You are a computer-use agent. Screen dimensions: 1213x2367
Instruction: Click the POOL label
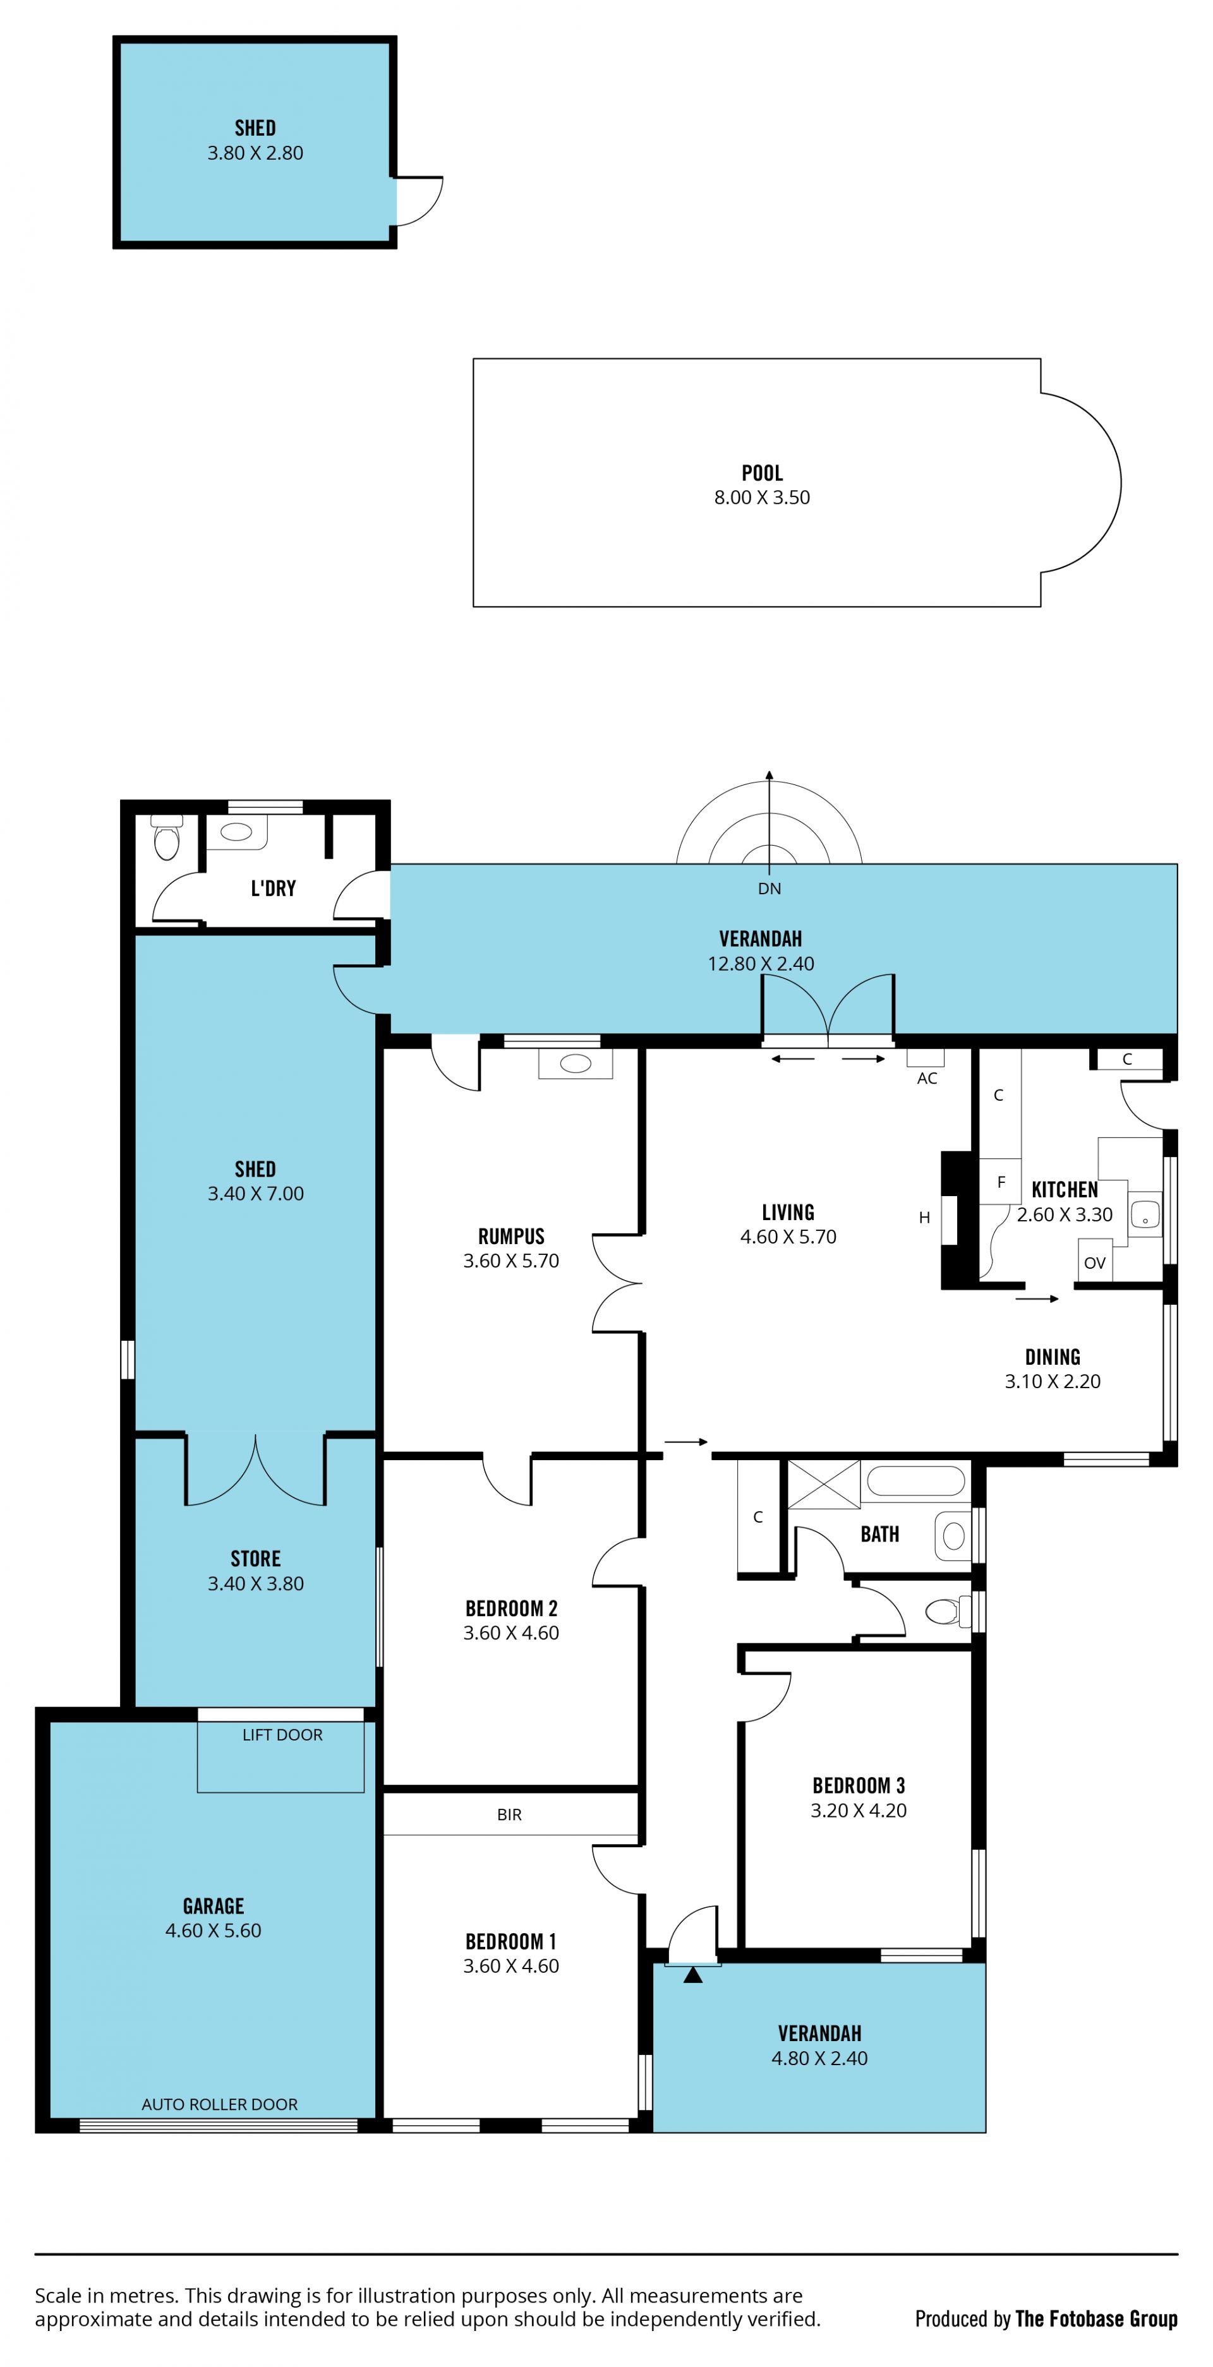point(762,473)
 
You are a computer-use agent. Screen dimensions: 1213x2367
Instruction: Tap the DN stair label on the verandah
point(769,889)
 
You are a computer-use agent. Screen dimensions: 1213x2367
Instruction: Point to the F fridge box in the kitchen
point(1001,1182)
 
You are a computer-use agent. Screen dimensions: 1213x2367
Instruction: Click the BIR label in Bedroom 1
point(509,1815)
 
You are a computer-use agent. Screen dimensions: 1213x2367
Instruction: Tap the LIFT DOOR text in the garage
point(282,1735)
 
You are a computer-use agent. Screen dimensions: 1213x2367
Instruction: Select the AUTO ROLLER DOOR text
point(220,2104)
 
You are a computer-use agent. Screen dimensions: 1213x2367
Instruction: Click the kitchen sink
point(1144,1214)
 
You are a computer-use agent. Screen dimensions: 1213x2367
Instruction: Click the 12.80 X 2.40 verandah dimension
point(761,964)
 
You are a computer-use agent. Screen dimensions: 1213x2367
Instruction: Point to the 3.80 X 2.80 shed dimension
point(255,153)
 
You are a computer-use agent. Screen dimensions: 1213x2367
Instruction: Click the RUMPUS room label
point(511,1237)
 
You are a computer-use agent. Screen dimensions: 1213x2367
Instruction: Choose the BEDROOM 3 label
point(859,1785)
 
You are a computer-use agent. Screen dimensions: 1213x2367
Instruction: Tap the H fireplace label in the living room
point(924,1218)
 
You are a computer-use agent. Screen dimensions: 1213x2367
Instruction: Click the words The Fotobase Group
point(1096,2318)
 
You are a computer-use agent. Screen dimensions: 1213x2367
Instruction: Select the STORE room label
point(255,1559)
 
